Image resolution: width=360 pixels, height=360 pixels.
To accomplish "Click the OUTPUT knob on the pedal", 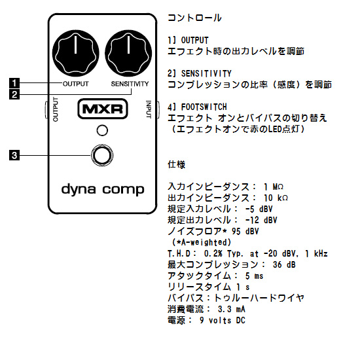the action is point(75,53).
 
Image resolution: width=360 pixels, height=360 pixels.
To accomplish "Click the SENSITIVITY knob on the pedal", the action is point(128,53).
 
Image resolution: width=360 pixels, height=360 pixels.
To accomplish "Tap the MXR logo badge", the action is point(103,109).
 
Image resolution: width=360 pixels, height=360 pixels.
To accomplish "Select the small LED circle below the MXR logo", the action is point(102,130).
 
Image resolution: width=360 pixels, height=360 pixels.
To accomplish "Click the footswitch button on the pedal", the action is point(102,155).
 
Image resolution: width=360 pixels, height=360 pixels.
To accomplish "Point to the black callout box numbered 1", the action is point(14,83).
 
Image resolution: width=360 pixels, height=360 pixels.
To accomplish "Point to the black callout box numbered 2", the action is point(14,94).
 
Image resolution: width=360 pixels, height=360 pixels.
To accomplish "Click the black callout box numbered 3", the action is point(14,155).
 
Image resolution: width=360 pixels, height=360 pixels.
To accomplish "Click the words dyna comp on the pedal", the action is point(103,190).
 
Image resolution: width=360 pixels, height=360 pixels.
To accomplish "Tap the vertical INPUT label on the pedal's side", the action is point(149,109).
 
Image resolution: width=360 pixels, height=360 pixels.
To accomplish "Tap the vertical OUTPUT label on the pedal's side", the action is point(56,109).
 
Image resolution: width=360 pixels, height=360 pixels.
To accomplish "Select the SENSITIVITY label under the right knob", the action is point(130,84).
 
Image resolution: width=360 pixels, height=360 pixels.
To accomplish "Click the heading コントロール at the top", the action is point(194,18).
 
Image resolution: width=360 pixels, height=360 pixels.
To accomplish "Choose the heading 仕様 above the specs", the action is point(177,164).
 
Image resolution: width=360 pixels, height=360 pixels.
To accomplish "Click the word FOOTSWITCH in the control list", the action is point(204,107).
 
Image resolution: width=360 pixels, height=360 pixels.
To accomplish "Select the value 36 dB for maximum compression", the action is point(284,264).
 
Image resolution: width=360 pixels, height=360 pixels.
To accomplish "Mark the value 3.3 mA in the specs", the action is point(232,309).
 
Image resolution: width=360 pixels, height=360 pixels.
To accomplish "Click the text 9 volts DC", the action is point(223,320).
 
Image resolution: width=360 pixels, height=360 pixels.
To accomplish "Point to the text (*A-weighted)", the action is point(202,242).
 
